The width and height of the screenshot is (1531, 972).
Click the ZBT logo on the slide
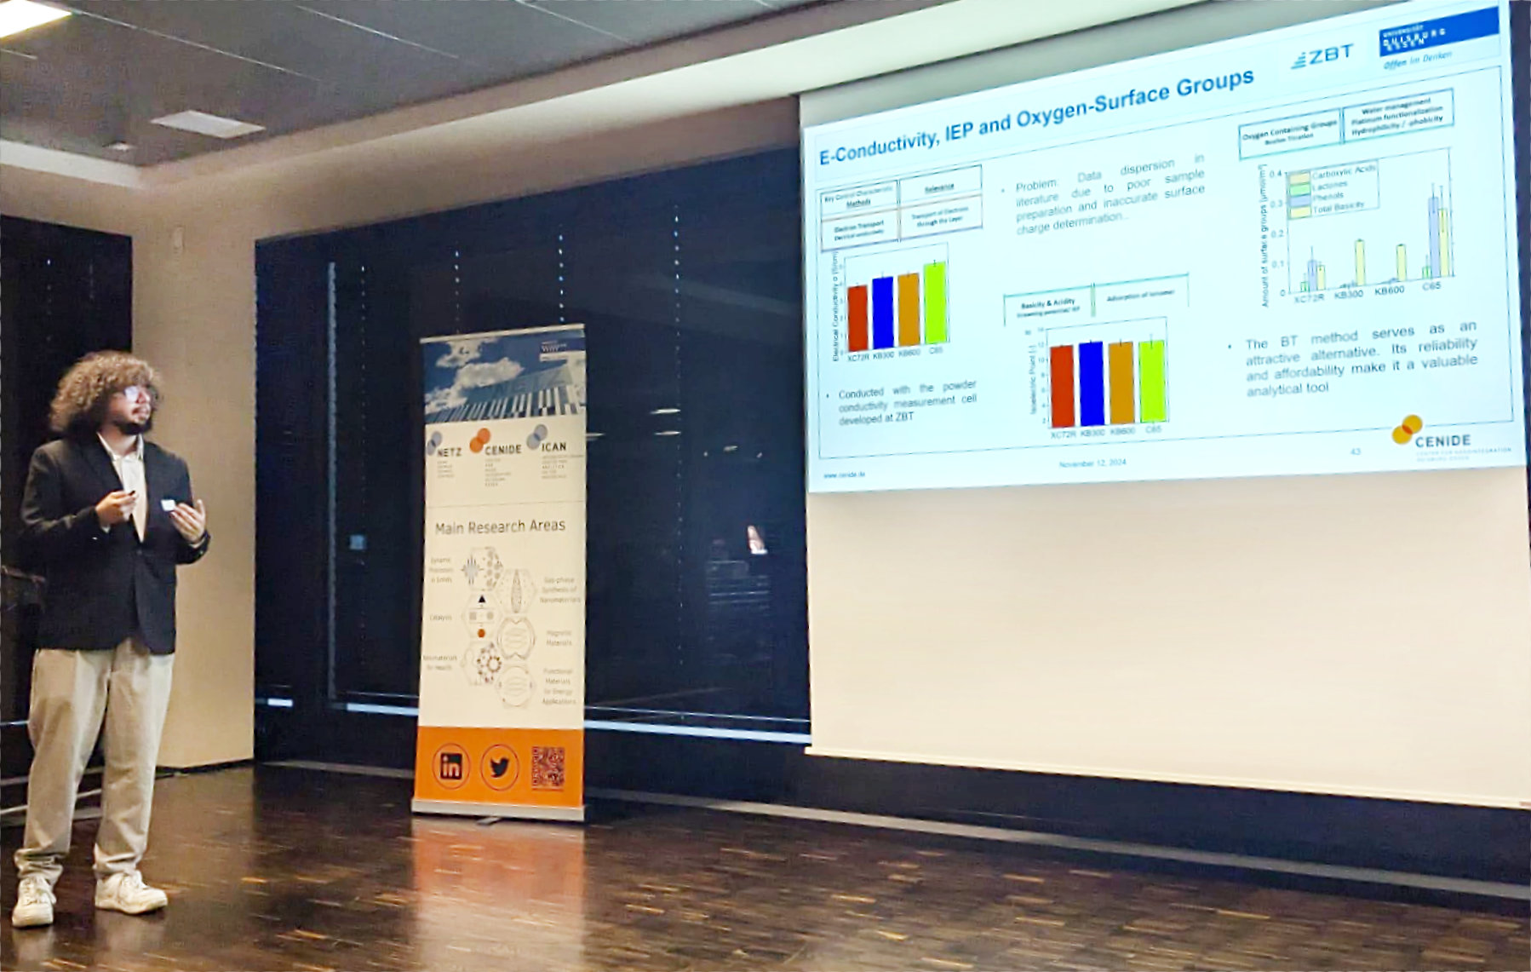click(x=1322, y=57)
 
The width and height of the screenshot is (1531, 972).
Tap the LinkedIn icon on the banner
click(x=450, y=766)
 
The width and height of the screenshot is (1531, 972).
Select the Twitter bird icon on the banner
click(x=499, y=768)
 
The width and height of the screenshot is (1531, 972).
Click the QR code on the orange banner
click(x=548, y=767)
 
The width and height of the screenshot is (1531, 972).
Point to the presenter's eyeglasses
click(x=136, y=393)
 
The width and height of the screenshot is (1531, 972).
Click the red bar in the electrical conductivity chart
click(x=857, y=318)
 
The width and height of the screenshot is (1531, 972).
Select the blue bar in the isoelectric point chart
click(x=1091, y=383)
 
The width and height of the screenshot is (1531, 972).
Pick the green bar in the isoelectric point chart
click(x=1152, y=381)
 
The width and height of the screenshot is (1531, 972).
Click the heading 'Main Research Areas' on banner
click(x=500, y=526)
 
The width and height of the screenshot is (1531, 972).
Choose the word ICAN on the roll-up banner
click(x=553, y=446)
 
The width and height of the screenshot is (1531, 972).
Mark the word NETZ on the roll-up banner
click(x=448, y=451)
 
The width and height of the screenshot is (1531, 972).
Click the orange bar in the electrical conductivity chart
click(x=909, y=310)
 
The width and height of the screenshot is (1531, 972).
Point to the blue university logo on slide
click(x=1438, y=32)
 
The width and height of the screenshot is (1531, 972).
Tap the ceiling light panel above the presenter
click(x=207, y=124)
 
